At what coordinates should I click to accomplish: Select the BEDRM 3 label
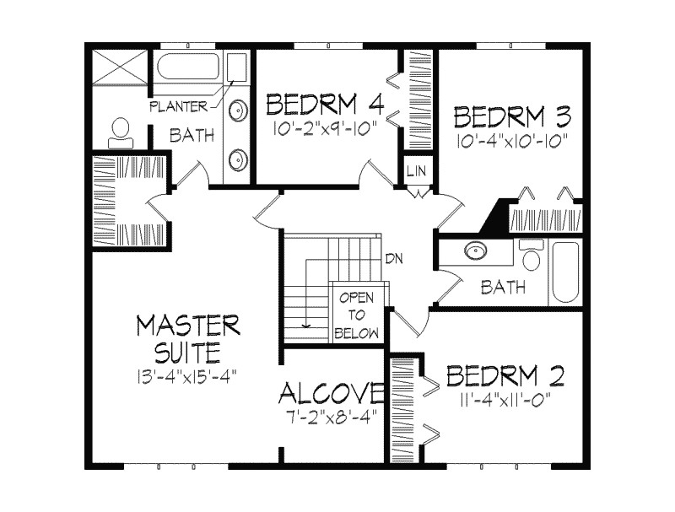pos(512,114)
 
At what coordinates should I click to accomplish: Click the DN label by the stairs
pos(392,259)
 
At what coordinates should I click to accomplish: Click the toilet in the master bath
pos(119,129)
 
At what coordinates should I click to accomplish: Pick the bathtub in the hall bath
pos(565,272)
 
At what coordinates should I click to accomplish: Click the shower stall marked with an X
pos(117,66)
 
